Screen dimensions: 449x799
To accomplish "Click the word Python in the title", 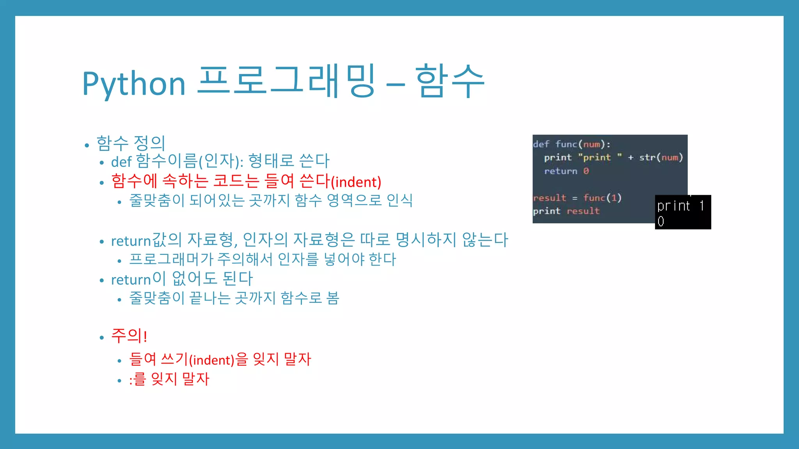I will tap(133, 84).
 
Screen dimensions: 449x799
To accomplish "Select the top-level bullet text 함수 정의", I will tap(131, 143).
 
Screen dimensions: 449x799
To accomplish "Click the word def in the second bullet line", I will tap(121, 161).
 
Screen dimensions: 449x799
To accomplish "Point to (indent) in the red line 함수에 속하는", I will tap(356, 182).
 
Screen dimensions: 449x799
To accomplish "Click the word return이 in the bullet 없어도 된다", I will tap(138, 279).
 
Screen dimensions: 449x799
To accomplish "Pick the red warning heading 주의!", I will tap(129, 336).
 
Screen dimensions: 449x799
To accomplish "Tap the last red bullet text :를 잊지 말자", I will tap(169, 379).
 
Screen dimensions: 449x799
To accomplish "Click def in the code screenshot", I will tap(541, 144).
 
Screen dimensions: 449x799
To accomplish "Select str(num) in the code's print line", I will tap(661, 157).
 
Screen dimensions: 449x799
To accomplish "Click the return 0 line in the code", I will tap(566, 171).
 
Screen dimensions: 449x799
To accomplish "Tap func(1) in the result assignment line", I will tap(602, 198).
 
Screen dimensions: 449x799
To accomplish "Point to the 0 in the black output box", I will tap(661, 221).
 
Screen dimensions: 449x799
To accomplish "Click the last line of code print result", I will tap(566, 211).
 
